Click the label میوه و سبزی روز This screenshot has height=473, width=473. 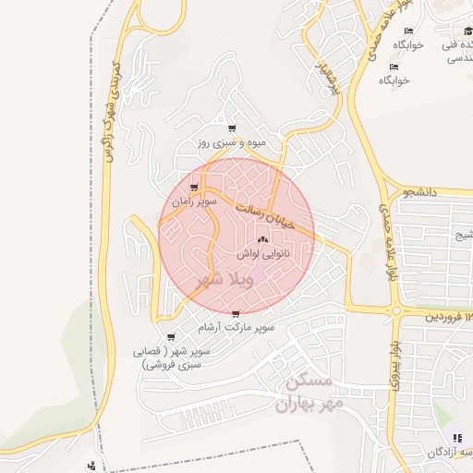tap(231, 143)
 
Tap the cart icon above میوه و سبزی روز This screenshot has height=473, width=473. tap(231, 128)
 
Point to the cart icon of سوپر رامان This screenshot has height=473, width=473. tap(193, 188)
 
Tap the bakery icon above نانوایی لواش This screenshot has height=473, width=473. tap(262, 239)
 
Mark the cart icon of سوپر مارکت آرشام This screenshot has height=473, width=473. tap(237, 314)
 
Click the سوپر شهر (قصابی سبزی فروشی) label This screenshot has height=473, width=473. tap(176, 358)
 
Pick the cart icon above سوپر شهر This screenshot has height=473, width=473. tap(171, 337)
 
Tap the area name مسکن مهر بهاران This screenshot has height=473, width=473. tap(309, 393)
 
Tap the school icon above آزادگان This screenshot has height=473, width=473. tap(455, 437)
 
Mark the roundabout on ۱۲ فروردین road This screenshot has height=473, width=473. tap(395, 311)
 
